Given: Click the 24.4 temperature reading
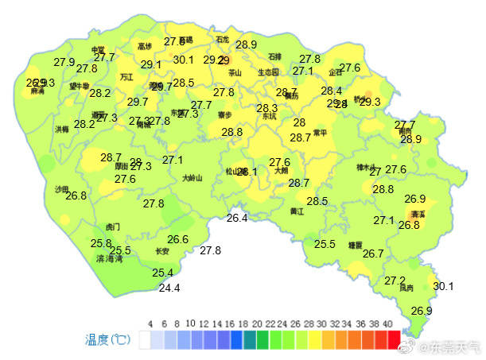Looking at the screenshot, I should click(169, 288).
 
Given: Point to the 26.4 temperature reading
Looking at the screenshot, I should click(237, 218).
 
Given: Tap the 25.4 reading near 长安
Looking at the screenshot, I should click(162, 273).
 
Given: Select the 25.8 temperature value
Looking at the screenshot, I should click(101, 243).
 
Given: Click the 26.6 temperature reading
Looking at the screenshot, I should click(177, 239).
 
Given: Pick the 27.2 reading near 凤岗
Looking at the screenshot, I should click(395, 281).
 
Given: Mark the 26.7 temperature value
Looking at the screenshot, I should click(373, 254).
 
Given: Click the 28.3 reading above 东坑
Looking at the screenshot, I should click(267, 108).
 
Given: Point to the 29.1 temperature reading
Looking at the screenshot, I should click(151, 64).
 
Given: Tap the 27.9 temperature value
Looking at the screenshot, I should click(64, 61).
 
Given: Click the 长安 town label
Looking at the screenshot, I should click(162, 251).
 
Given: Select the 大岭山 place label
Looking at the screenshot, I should click(192, 178).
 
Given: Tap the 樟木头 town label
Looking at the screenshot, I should click(366, 168).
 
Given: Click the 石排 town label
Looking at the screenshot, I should click(274, 56).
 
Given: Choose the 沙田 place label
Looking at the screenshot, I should click(62, 190).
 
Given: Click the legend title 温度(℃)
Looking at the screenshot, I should click(108, 340).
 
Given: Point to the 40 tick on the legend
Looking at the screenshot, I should click(387, 324).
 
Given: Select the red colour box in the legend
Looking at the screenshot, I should click(394, 339).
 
